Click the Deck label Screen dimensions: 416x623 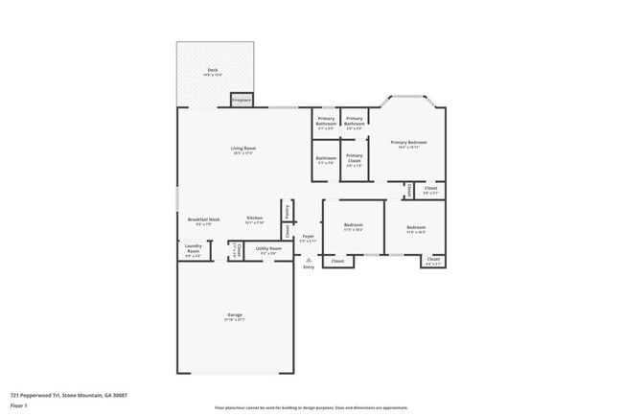(213, 72)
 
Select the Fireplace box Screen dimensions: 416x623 (242, 100)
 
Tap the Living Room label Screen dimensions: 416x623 (242, 150)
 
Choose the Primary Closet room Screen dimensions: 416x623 (355, 160)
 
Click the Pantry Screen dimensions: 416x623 (286, 210)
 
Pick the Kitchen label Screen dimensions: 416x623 (254, 220)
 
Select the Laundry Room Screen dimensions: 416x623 (193, 251)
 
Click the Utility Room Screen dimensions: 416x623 (268, 251)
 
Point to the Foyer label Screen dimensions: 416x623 (308, 238)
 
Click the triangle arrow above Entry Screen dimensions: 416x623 (309, 259)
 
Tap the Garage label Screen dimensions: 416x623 (234, 317)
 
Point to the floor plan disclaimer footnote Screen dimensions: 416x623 (311, 408)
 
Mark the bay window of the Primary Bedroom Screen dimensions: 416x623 (408, 98)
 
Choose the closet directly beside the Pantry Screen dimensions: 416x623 (286, 231)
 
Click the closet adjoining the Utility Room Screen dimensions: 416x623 (236, 251)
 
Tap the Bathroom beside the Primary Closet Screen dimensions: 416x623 (326, 160)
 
